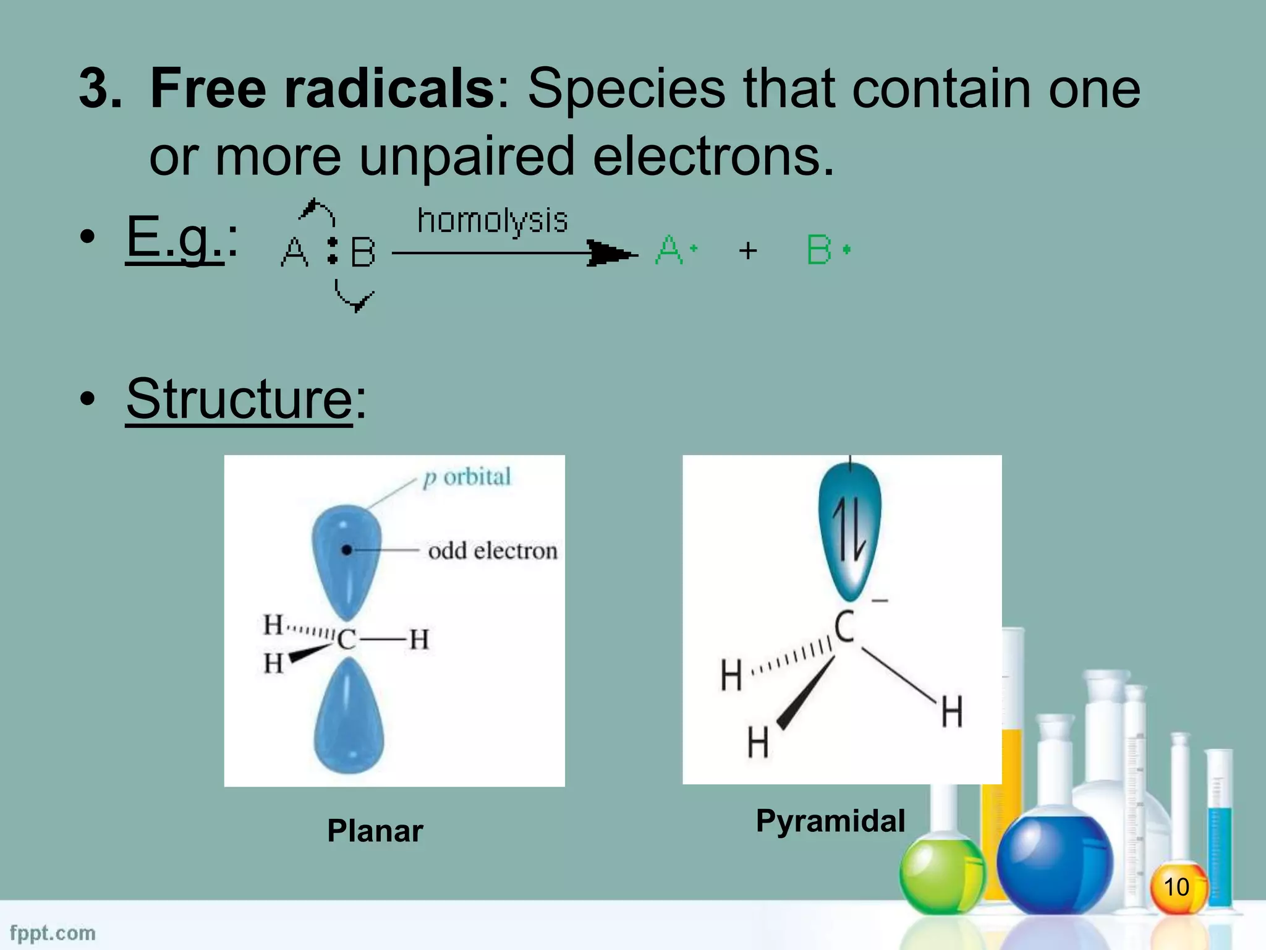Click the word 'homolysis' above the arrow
click(492, 221)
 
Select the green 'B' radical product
click(820, 250)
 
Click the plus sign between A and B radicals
click(748, 250)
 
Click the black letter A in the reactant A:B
click(294, 252)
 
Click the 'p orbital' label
click(467, 477)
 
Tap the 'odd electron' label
click(493, 550)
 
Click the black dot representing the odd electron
click(347, 550)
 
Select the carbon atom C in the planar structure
click(347, 639)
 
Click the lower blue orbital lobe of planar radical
click(349, 717)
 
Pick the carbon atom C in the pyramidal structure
click(844, 627)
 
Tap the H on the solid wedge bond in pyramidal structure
click(758, 742)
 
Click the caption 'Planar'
click(375, 831)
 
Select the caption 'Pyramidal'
click(830, 821)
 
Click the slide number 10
click(1176, 886)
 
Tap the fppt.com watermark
click(53, 933)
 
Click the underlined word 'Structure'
click(239, 399)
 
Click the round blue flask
click(1055, 863)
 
